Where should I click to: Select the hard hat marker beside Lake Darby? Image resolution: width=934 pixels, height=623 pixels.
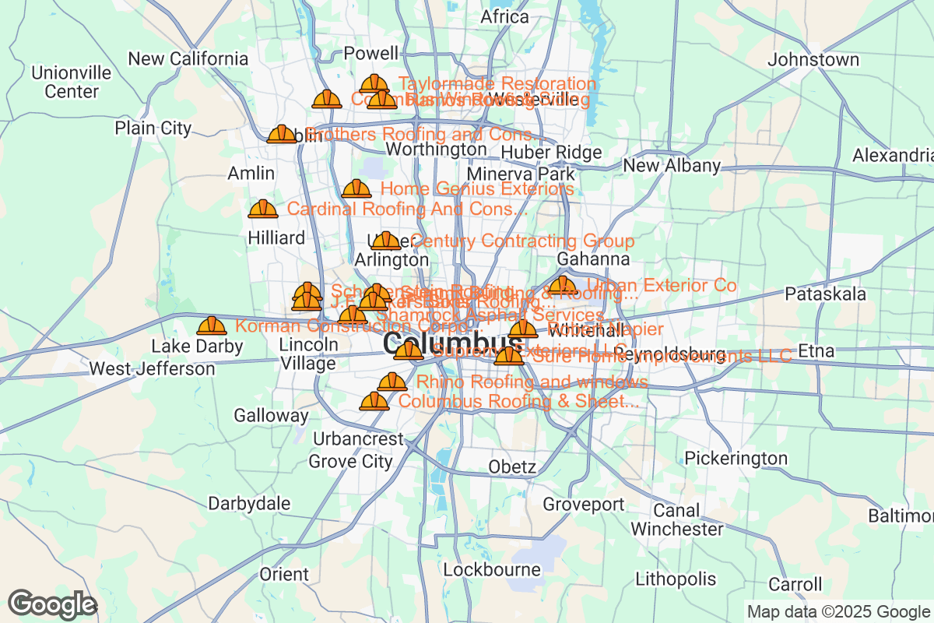[x=212, y=326]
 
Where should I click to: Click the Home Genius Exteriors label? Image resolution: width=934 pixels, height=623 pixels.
[x=477, y=188]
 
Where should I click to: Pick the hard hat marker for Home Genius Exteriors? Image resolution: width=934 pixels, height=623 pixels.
[x=356, y=188]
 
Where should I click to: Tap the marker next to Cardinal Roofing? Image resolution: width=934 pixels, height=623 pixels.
[x=263, y=209]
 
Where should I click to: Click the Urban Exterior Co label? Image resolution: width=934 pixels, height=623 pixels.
[x=662, y=285]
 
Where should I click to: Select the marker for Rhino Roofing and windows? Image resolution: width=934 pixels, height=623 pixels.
[x=392, y=382]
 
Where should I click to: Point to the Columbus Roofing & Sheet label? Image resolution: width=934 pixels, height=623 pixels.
[x=519, y=401]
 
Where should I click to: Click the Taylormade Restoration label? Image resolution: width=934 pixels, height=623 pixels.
[x=497, y=83]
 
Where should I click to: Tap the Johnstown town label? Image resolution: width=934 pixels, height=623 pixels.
[x=813, y=60]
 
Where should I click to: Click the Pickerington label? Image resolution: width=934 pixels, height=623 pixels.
[x=736, y=458]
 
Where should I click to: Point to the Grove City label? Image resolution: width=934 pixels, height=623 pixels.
[x=351, y=461]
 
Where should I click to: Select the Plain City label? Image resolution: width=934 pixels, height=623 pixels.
[x=153, y=128]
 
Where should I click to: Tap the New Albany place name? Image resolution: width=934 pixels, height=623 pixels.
[x=672, y=166]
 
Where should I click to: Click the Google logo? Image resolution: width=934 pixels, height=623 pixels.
[x=52, y=604]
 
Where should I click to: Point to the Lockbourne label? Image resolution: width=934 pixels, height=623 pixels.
[x=492, y=570]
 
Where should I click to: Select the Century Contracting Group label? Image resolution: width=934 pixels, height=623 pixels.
[x=522, y=241]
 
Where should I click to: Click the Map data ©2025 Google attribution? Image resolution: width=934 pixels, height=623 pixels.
[x=838, y=611]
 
